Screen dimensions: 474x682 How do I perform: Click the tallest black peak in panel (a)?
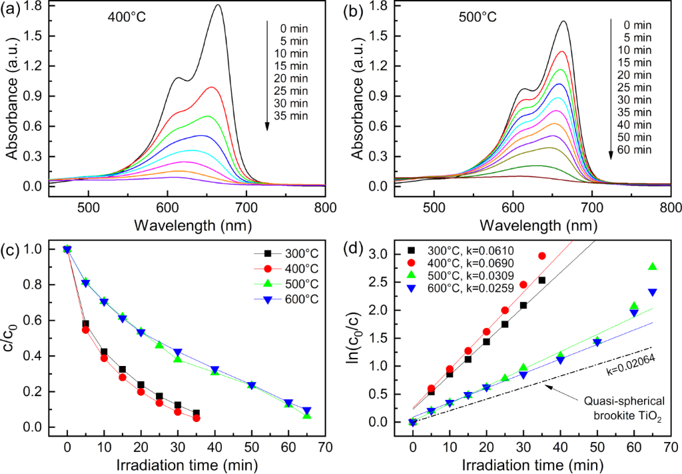coord(218,5)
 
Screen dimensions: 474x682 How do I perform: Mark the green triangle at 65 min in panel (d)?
coord(652,267)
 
